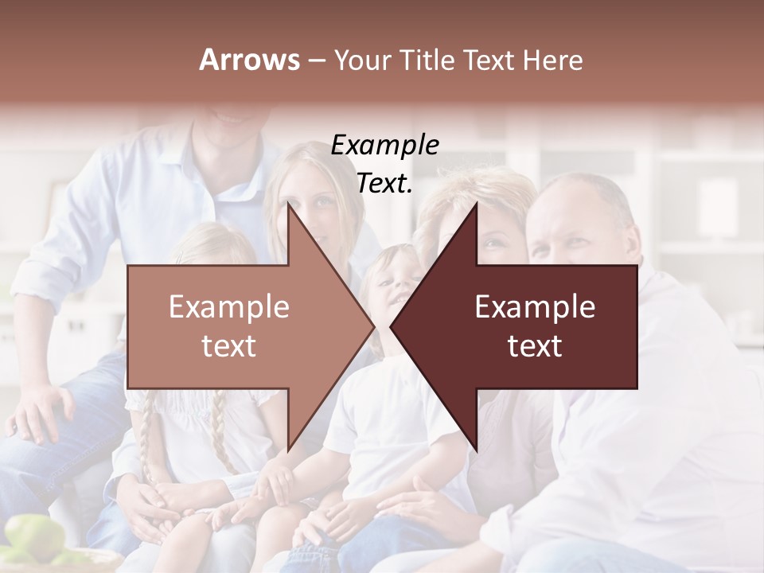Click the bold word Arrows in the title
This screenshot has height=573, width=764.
pos(250,60)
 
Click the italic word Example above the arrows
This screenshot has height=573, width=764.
pos(384,146)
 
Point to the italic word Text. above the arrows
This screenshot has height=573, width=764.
pos(384,183)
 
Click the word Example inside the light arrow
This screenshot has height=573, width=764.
pos(229,307)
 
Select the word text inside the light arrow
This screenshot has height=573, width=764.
pos(229,346)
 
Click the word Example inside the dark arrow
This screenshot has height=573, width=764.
pos(535,307)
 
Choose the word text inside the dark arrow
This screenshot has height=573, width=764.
pos(535,346)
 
